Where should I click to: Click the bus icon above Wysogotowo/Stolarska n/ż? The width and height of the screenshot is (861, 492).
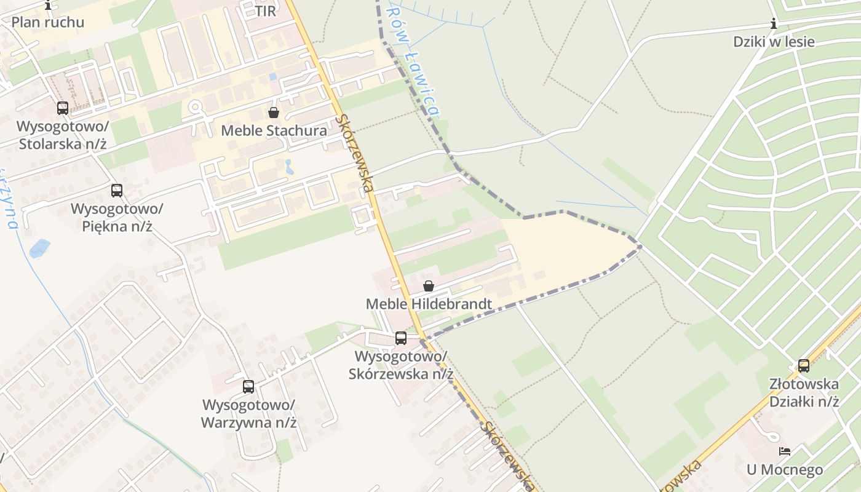tap(63, 108)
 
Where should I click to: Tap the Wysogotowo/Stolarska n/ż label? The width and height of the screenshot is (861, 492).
tap(63, 135)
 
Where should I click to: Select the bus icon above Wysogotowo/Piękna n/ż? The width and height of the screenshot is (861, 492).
tap(117, 191)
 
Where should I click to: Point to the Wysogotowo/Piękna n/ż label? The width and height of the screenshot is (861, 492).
tap(117, 217)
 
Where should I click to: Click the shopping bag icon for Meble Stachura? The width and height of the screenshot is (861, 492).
tap(274, 113)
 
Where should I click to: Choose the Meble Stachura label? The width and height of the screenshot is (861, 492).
tap(274, 130)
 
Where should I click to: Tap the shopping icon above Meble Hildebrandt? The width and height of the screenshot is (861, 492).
tap(429, 286)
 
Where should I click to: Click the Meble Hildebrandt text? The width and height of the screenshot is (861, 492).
tap(429, 304)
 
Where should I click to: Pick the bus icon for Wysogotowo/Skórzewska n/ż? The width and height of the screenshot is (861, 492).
tap(401, 338)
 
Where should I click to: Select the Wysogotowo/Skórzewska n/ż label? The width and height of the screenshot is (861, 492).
tap(401, 365)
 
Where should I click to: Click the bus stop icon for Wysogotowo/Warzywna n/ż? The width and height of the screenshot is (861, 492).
tap(248, 387)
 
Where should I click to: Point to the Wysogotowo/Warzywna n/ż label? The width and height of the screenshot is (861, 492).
tap(249, 414)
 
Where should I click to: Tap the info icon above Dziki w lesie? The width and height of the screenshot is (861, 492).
tap(774, 24)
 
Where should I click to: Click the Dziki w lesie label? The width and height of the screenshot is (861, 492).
tap(774, 42)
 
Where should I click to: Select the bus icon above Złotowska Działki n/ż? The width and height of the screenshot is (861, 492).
tap(804, 366)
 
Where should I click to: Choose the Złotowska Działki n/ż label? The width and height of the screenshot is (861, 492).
tap(804, 393)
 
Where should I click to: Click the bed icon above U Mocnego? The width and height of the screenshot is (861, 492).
tap(785, 451)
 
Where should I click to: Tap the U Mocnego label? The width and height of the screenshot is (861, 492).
tap(785, 470)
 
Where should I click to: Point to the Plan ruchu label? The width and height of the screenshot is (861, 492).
tap(48, 22)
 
